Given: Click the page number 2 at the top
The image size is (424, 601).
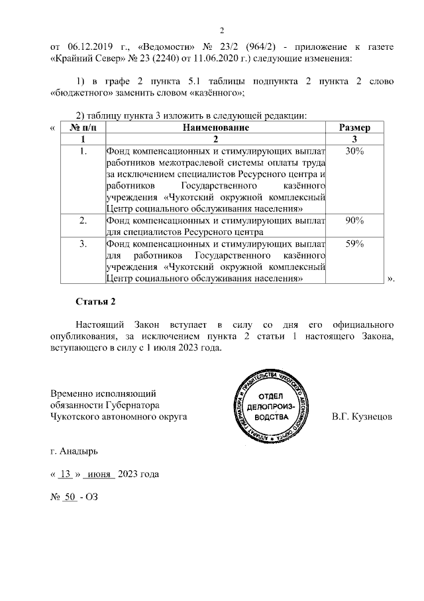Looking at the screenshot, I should coord(223,31).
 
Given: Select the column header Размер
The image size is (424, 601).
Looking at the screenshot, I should coord(354,127).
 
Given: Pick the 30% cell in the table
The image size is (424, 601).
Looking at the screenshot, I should coord(354,151).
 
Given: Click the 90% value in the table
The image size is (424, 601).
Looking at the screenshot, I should coord(354,221).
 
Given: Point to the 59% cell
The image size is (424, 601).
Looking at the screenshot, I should coord(354,244).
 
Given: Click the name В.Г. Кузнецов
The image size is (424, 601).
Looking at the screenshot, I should coord(361,417).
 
